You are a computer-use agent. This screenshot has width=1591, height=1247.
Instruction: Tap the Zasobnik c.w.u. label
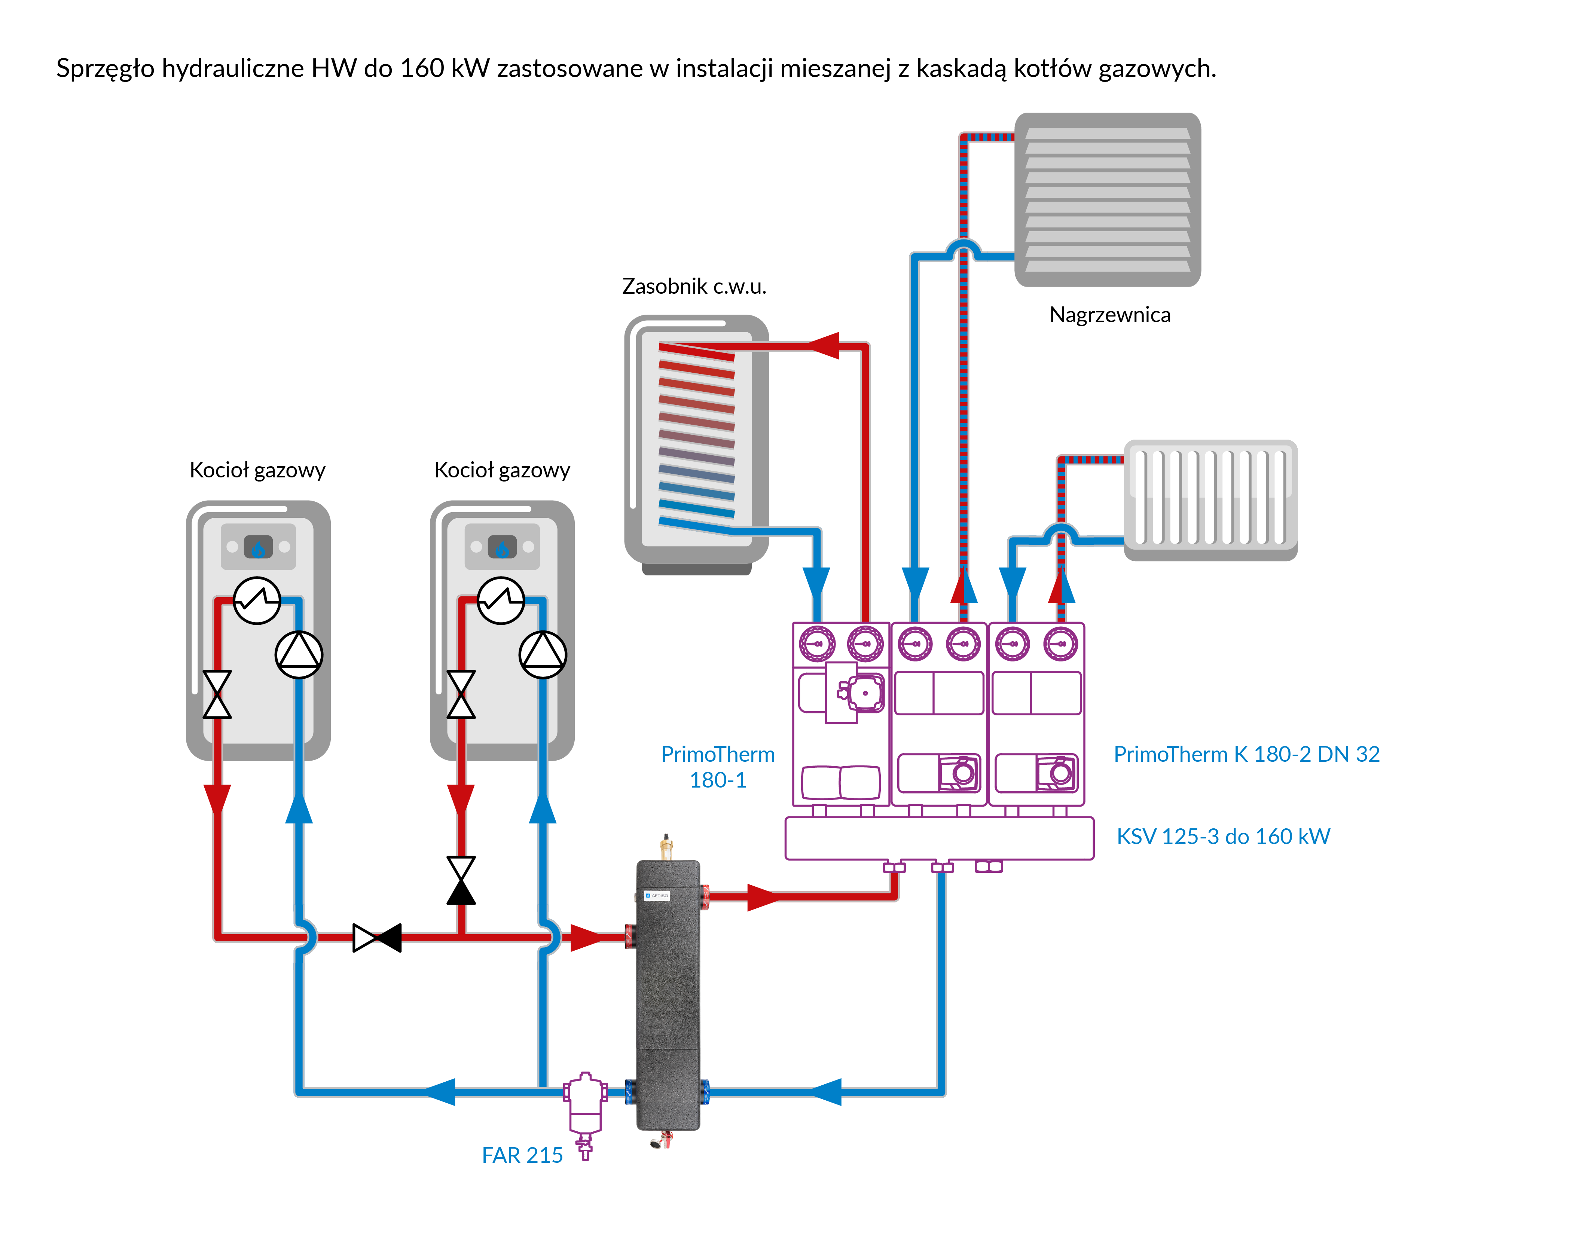click(694, 286)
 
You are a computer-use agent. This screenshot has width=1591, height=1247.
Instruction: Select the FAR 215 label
click(522, 1155)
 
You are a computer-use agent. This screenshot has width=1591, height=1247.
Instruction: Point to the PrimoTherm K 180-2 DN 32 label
click(1246, 754)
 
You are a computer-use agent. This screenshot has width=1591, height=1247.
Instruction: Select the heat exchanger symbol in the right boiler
click(501, 600)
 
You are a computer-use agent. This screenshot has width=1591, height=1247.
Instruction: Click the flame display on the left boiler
click(258, 547)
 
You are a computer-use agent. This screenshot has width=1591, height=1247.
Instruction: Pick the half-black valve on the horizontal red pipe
click(377, 938)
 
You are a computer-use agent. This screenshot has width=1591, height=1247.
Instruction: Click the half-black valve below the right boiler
click(461, 880)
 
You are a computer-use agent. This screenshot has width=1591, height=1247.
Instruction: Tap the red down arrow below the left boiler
click(217, 800)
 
